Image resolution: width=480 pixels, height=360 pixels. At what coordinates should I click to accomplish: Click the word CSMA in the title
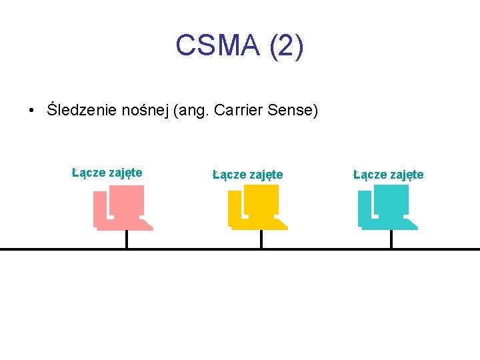[217, 46]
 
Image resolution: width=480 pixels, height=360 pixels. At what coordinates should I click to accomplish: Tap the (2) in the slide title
[287, 46]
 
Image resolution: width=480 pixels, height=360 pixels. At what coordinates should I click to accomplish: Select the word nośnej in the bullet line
[147, 110]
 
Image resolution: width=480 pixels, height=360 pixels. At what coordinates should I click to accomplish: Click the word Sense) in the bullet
[293, 110]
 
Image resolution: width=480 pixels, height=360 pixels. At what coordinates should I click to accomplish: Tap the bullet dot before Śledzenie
[31, 111]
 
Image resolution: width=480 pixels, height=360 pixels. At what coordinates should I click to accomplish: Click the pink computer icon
[123, 208]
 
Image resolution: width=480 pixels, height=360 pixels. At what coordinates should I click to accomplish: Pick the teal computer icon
[387, 208]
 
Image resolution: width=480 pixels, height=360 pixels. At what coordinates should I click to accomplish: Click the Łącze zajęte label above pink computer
[107, 173]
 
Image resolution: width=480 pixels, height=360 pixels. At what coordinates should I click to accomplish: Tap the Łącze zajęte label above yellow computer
[247, 175]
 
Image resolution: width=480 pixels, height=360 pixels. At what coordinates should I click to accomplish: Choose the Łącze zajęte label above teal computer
[388, 175]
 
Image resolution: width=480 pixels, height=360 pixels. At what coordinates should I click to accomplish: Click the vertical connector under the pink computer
[127, 239]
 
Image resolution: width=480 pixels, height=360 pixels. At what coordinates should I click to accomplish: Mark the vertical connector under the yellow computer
[261, 239]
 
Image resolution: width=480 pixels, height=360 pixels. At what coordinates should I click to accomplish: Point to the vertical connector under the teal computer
[391, 239]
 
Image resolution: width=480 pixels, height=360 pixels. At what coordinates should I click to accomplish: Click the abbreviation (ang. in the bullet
[191, 110]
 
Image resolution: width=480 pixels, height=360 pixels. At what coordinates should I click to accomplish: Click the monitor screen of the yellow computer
[262, 199]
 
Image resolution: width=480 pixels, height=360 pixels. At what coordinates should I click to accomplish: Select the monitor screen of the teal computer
[392, 199]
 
